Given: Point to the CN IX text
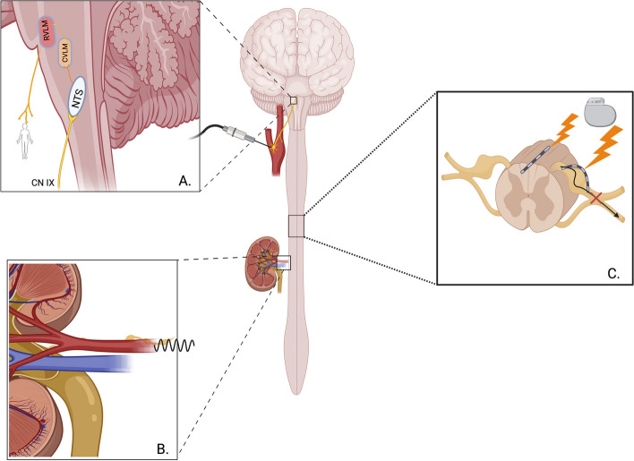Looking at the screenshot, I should click(x=31, y=184).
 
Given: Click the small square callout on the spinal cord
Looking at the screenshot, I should click(x=297, y=226).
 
